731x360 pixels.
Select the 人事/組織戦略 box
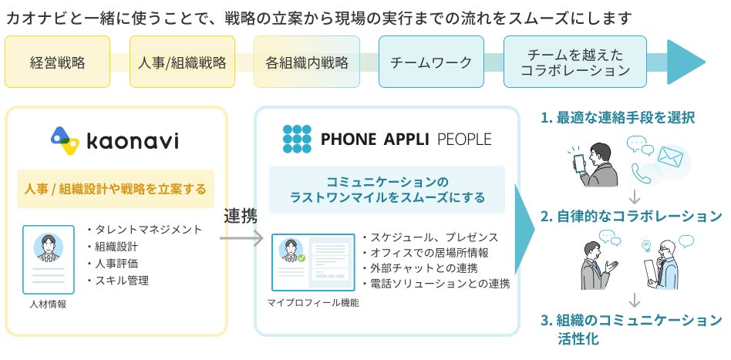click(x=182, y=62)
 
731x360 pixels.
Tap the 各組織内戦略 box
click(x=306, y=62)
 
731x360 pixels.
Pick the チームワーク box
click(x=431, y=62)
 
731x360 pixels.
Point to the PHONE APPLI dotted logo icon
click(x=298, y=139)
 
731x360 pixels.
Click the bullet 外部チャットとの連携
click(x=419, y=267)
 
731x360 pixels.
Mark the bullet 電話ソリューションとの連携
click(x=436, y=283)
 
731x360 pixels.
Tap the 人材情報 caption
click(x=49, y=304)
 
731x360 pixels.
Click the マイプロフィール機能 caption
click(x=312, y=302)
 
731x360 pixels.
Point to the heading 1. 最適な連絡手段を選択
click(x=618, y=118)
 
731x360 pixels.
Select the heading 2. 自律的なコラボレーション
click(x=631, y=216)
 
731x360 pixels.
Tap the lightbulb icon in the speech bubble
click(x=646, y=245)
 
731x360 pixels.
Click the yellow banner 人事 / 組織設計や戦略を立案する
click(x=116, y=188)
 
